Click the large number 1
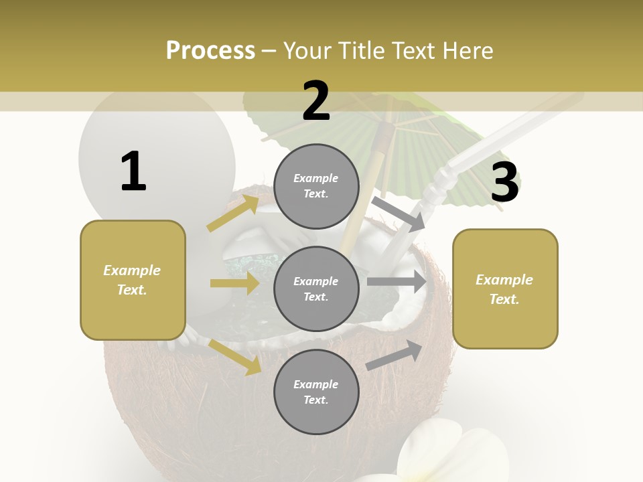tap(133, 171)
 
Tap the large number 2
tap(315, 101)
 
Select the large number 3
tap(504, 183)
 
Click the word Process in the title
tap(210, 50)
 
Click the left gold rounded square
tap(133, 280)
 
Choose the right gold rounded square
tap(505, 289)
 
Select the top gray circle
tap(316, 186)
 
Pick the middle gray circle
tap(316, 289)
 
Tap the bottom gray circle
tap(316, 392)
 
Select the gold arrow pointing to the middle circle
tap(234, 283)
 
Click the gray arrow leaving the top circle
tap(399, 214)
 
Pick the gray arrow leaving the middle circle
tap(397, 281)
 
